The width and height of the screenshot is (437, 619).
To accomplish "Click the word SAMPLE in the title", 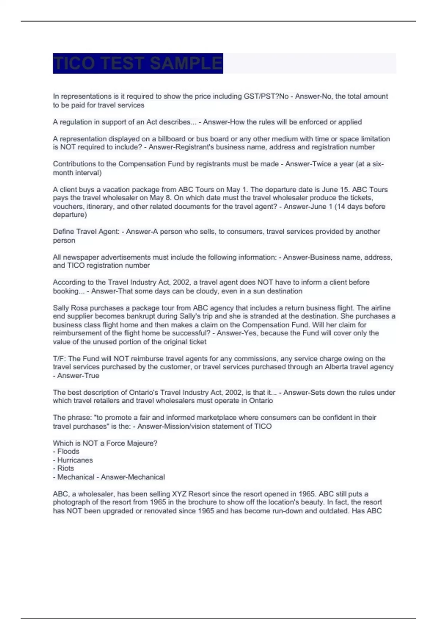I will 186,63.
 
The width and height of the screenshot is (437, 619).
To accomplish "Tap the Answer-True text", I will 78,375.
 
